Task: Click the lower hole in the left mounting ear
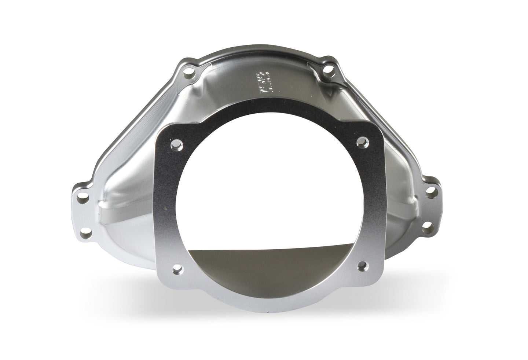click(x=88, y=232)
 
